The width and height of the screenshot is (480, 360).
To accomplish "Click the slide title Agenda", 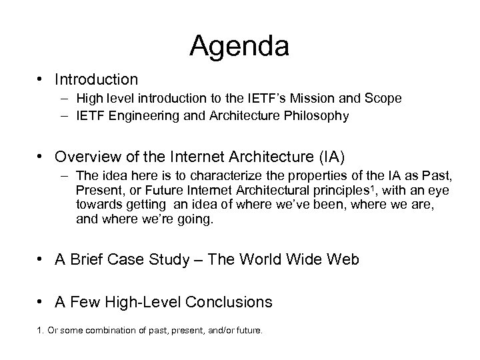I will pos(239,47).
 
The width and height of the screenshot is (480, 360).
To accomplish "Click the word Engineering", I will pos(140,116).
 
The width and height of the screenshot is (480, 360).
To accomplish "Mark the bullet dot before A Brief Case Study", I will pos(41,259).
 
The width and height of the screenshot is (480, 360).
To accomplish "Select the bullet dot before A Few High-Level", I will pos(41,302).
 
